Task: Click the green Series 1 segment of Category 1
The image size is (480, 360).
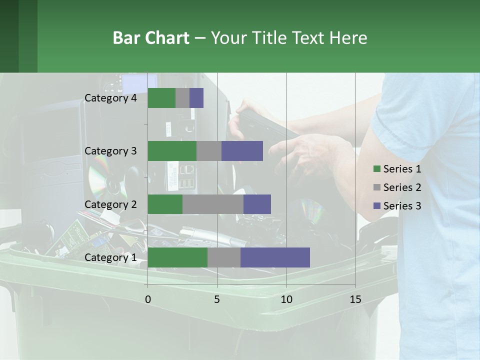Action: [x=177, y=257]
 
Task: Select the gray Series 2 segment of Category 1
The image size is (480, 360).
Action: [x=224, y=257]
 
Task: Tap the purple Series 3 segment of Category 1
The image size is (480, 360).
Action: [x=275, y=257]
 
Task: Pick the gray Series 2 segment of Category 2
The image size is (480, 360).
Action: [x=213, y=204]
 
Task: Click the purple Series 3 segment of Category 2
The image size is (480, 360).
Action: [x=257, y=204]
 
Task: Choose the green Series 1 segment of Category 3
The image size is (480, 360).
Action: [x=172, y=151]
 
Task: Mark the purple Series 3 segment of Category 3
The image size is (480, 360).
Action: [x=242, y=151]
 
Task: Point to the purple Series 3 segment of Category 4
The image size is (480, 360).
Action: [x=196, y=98]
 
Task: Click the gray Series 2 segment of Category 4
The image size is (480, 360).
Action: [x=182, y=98]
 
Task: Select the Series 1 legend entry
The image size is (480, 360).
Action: [x=397, y=169]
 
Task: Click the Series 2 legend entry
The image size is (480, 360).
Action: [x=397, y=187]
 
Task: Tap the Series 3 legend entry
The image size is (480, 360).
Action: [x=397, y=206]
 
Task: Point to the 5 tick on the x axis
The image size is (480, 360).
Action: [x=217, y=299]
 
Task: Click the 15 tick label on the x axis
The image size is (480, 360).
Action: [x=355, y=299]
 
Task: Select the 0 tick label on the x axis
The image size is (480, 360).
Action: [x=148, y=299]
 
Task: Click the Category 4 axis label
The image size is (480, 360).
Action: [x=110, y=98]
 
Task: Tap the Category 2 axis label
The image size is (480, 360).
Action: [x=110, y=204]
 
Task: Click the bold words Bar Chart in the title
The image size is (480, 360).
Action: [x=151, y=38]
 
